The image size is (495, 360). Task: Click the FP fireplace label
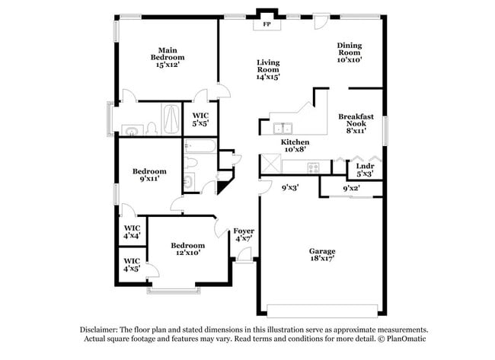tap(267, 25)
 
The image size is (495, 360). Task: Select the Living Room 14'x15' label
tap(268, 69)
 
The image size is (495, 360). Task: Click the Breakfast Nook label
tap(354, 123)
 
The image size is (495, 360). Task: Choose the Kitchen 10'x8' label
tap(295, 146)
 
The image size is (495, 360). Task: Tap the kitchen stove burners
tap(312, 167)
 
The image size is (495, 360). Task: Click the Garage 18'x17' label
tap(321, 256)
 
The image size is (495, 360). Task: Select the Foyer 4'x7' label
tap(244, 234)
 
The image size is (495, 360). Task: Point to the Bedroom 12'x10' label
tap(187, 249)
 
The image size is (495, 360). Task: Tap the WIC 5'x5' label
tap(201, 119)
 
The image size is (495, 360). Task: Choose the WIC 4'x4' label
tap(132, 231)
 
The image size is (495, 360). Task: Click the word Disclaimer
tap(101, 330)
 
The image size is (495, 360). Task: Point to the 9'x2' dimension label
tap(350, 187)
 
